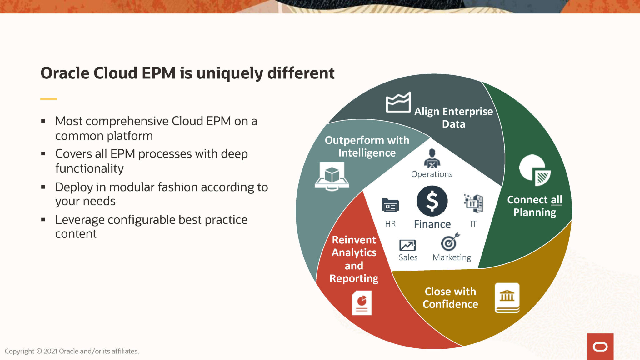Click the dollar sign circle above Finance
coord(432,201)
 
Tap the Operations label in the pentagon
coord(432,174)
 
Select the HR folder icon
coord(390,205)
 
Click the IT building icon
coord(473,203)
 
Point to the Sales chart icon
coord(407,245)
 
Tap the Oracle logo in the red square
coord(600,347)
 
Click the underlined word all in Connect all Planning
coord(556,200)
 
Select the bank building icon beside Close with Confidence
coord(507,297)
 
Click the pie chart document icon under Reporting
coord(362,302)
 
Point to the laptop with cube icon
coord(332,176)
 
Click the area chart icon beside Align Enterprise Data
coord(398,102)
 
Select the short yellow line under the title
coord(48,99)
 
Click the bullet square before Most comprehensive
coord(43,121)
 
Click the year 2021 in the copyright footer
coord(50,351)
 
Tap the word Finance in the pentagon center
coord(432,224)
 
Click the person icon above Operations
coord(432,158)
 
